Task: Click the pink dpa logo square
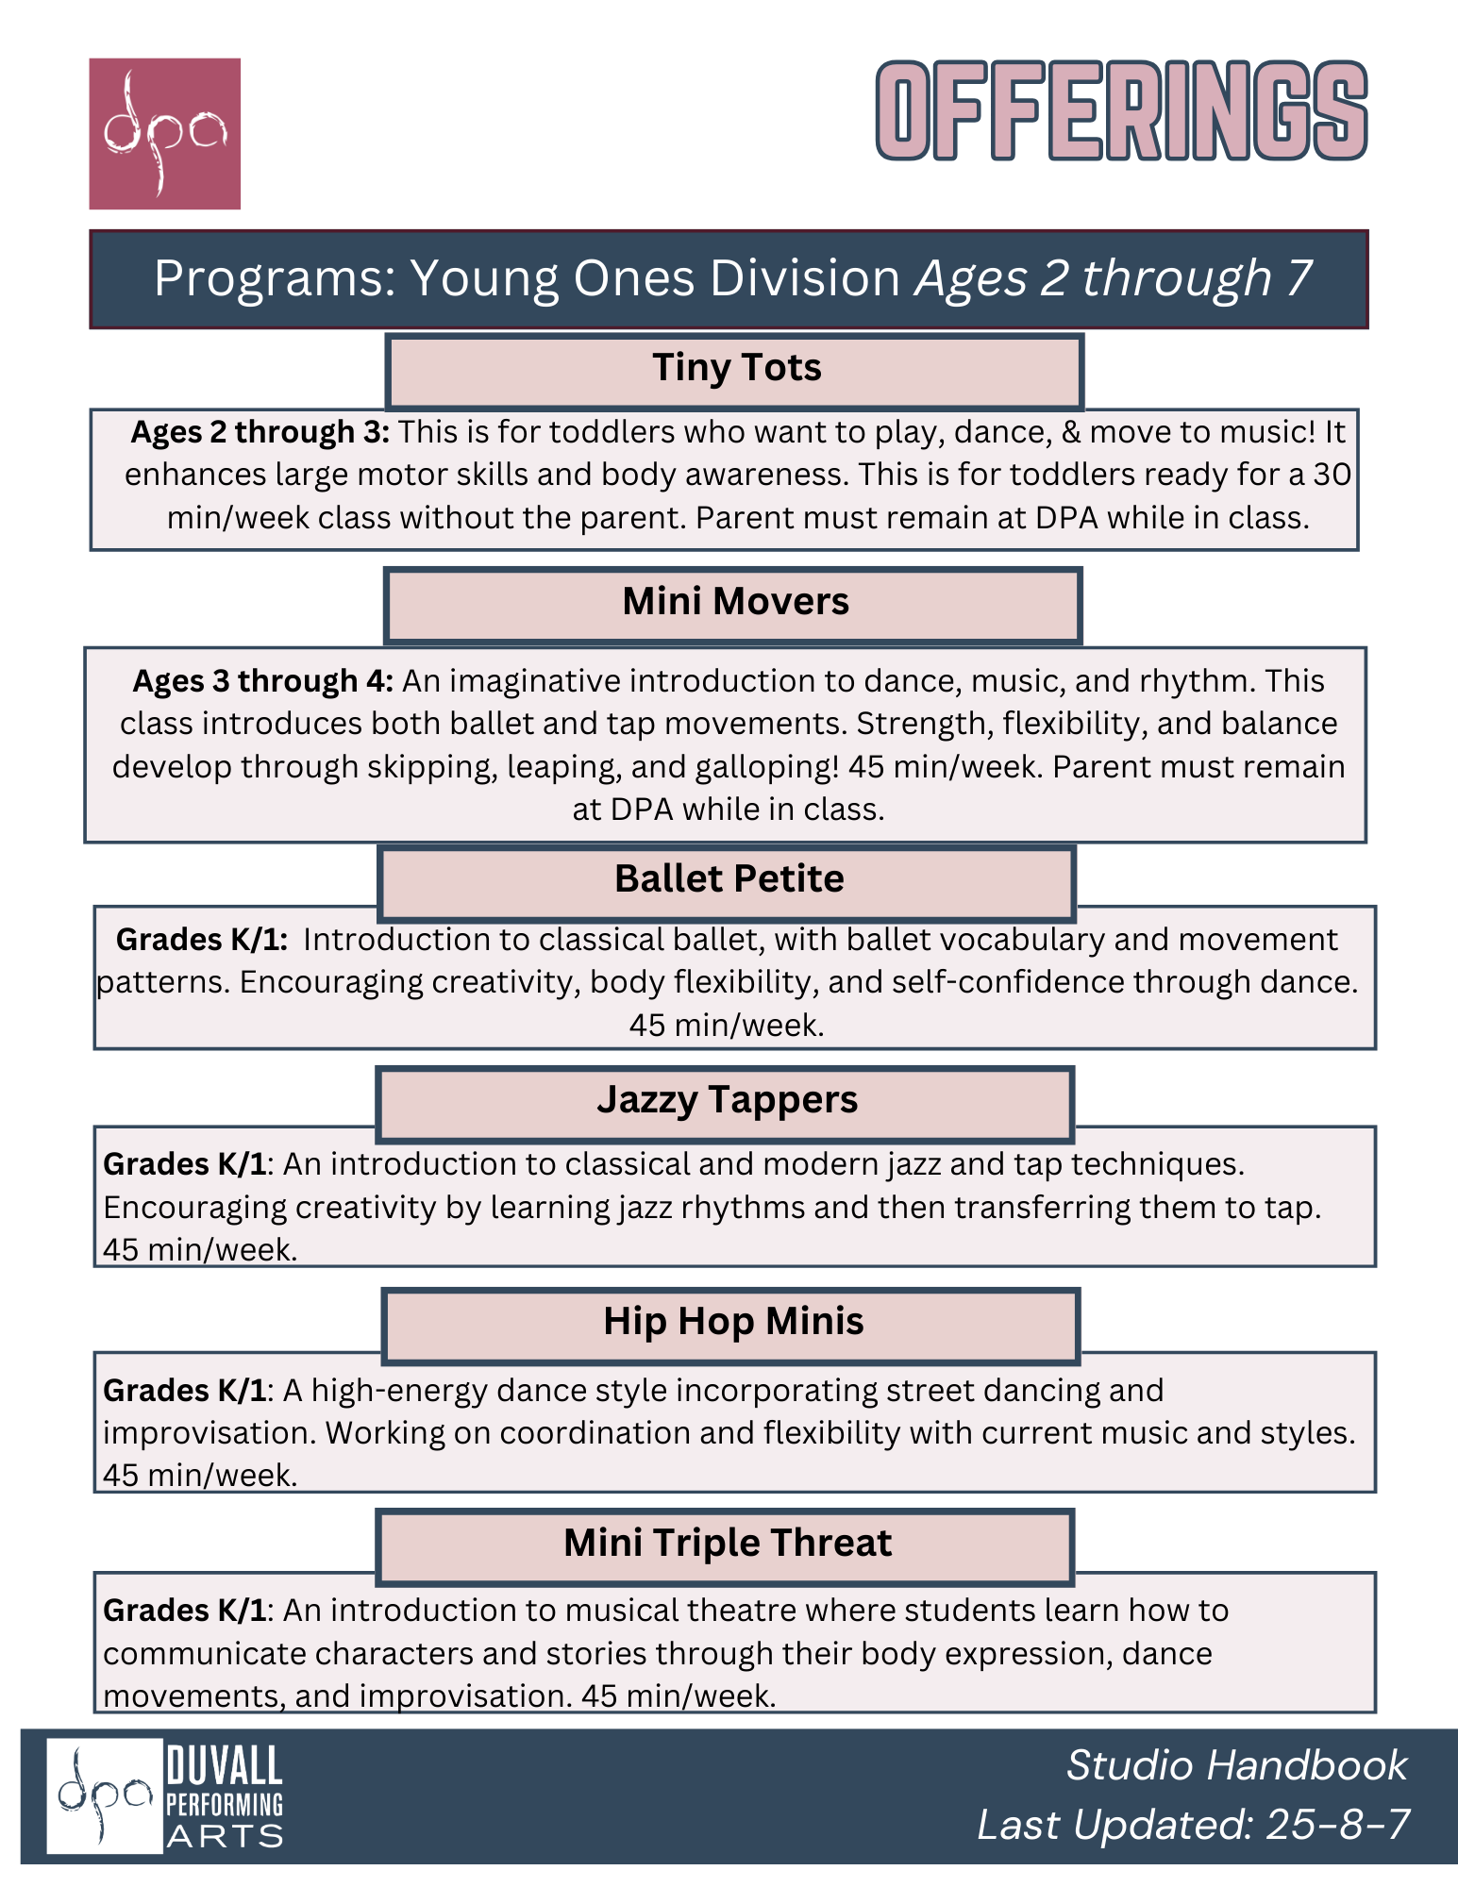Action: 164,133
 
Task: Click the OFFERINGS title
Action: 1121,111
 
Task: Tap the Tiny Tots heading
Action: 736,368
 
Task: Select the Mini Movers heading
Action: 735,602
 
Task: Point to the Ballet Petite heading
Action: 729,879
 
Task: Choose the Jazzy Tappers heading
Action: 727,1100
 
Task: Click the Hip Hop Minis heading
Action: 733,1322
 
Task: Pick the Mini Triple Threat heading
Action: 727,1544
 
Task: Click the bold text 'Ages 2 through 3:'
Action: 260,432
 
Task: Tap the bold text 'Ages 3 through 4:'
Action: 262,681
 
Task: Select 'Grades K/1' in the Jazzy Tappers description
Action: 185,1164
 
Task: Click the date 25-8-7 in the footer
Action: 1337,1825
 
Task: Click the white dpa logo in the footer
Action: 104,1795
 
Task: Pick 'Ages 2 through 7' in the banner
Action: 1114,279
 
